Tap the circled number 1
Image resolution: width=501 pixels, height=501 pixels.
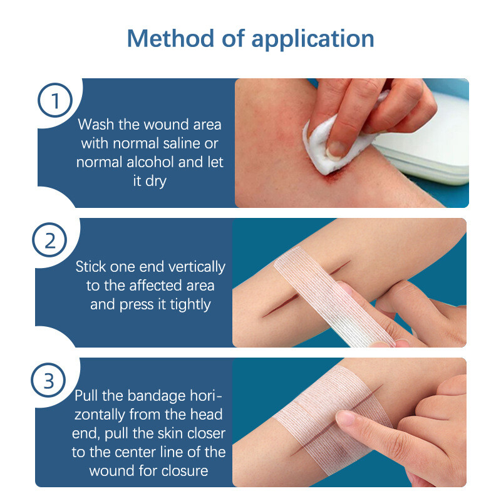click(56, 101)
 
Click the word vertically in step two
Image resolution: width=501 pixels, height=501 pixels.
click(194, 267)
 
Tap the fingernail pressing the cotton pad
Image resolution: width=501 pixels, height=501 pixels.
click(338, 148)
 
